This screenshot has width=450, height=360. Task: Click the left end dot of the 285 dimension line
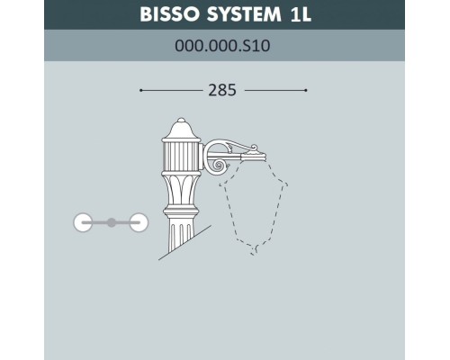click(141, 91)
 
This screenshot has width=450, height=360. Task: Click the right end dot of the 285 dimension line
click(307, 91)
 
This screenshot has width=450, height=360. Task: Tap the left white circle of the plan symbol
click(83, 221)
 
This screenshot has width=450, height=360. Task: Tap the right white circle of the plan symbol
click(138, 221)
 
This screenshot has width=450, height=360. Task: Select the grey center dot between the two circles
click(111, 221)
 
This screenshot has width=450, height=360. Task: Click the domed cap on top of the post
click(177, 125)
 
